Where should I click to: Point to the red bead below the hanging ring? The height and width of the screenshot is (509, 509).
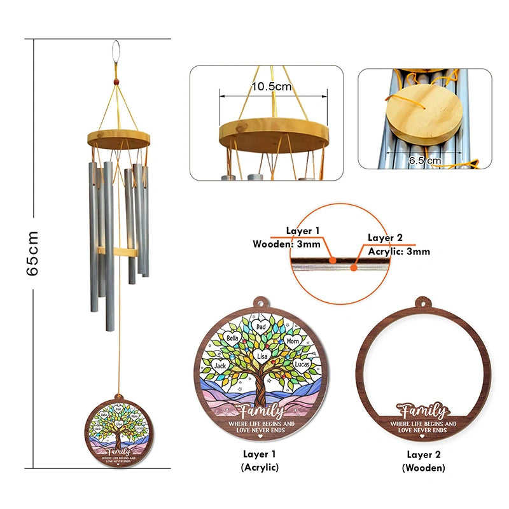(x=116, y=81)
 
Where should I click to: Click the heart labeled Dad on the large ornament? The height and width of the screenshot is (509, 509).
(x=260, y=326)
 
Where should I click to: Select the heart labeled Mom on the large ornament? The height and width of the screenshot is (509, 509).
(x=292, y=342)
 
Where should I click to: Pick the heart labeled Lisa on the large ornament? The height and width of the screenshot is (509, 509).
(x=261, y=356)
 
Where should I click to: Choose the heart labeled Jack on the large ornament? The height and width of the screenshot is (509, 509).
(x=221, y=365)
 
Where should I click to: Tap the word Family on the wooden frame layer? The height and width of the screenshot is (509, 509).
(x=422, y=409)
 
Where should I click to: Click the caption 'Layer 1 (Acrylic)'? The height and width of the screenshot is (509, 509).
(x=260, y=461)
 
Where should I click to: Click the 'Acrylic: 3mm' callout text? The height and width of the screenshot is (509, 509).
(x=398, y=251)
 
